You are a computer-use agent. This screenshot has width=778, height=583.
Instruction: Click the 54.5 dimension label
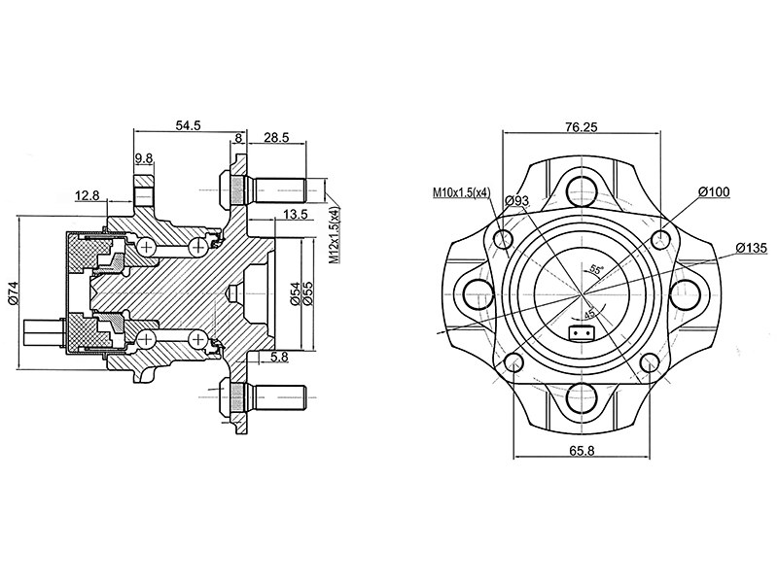(188, 125)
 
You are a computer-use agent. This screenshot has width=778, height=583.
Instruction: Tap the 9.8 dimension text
(144, 158)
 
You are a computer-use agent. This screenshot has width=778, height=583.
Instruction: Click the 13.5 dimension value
(296, 214)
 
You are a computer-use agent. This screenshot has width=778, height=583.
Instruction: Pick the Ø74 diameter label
(13, 294)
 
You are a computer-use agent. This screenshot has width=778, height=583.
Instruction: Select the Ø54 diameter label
(294, 294)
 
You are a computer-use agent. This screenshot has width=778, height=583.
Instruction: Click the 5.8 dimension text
(280, 358)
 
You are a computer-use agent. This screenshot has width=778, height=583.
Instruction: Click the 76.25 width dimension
(582, 126)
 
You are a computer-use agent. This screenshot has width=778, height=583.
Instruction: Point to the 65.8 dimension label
(581, 451)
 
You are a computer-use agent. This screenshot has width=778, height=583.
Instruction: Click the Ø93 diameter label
(517, 200)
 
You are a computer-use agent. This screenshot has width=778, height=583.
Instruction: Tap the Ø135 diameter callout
(753, 247)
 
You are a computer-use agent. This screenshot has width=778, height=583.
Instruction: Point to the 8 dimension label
(238, 139)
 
